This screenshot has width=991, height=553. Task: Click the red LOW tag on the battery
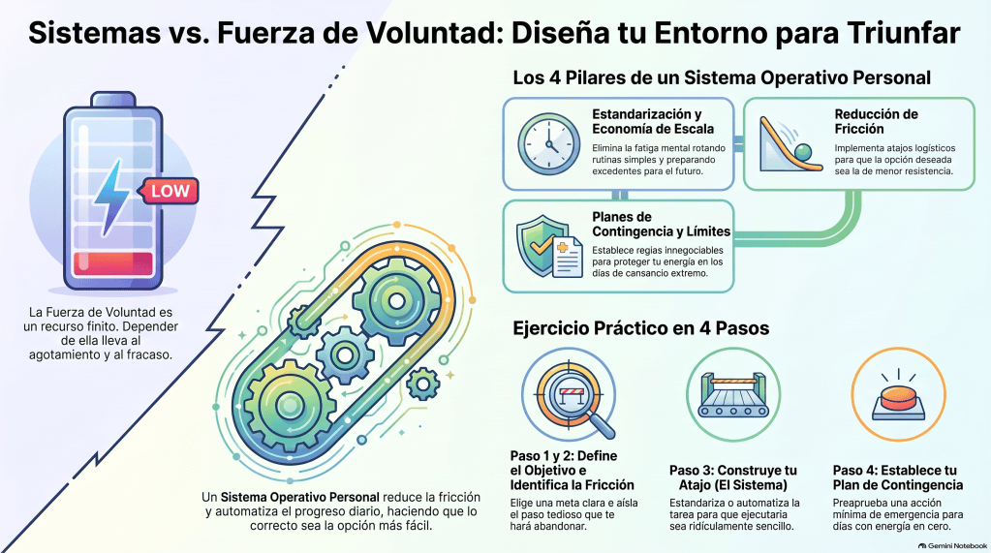[169, 191]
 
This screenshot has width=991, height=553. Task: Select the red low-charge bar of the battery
[113, 264]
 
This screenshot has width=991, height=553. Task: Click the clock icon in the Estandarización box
[548, 144]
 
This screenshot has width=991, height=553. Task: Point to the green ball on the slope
[803, 152]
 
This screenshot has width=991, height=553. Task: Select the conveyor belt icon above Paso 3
[733, 395]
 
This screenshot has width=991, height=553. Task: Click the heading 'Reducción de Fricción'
[876, 121]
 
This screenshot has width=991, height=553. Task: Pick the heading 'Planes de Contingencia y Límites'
[661, 225]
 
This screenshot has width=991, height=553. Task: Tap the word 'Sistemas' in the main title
[94, 32]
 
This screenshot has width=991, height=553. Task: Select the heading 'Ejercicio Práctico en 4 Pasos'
[641, 328]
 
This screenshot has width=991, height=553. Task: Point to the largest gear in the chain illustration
[290, 404]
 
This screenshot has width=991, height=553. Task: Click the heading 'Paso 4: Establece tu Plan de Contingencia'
[897, 477]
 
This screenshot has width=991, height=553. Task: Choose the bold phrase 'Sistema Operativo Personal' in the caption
[299, 498]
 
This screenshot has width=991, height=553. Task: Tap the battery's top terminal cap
[113, 99]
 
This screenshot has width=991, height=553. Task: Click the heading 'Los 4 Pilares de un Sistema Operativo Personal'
[722, 77]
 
